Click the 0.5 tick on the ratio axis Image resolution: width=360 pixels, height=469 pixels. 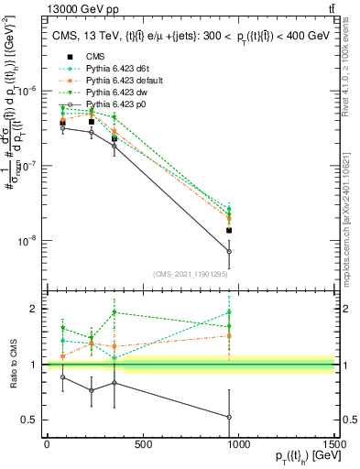(33, 420)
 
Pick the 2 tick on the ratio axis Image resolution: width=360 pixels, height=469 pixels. (37, 309)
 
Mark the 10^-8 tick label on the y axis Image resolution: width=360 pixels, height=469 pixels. (29, 241)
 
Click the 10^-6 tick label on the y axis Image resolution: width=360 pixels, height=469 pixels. (29, 91)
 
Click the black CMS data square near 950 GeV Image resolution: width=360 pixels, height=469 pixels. (229, 231)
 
